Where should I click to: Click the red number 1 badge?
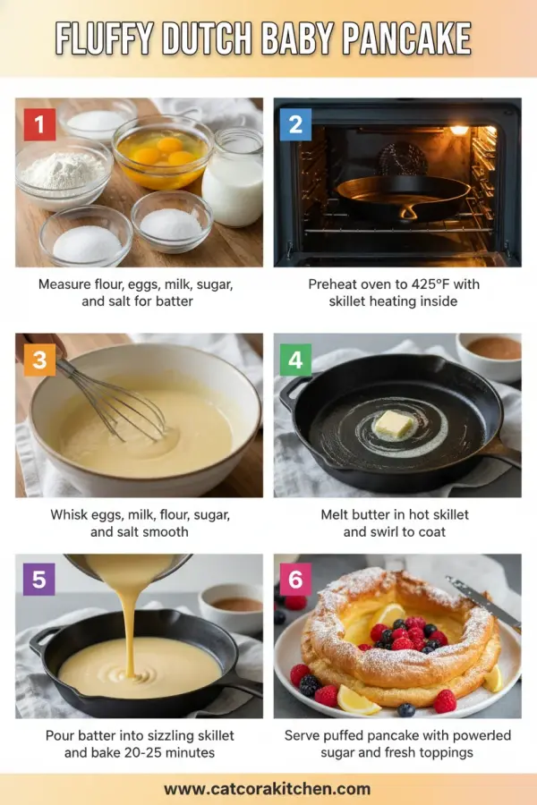point(39,124)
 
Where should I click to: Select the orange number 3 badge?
point(39,360)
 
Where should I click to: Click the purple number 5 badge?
point(39,580)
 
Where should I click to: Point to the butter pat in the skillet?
point(394,426)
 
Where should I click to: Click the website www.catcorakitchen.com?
point(268,788)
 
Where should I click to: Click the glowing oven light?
point(459,131)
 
